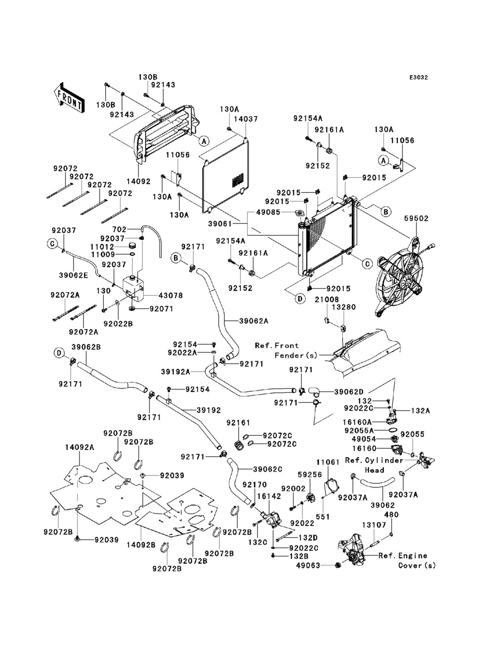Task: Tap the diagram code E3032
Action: [x=418, y=78]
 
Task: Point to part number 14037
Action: [x=246, y=119]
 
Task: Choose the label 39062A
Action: [x=254, y=321]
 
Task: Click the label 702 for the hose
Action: [x=120, y=229]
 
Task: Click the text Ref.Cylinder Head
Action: [x=374, y=465]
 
